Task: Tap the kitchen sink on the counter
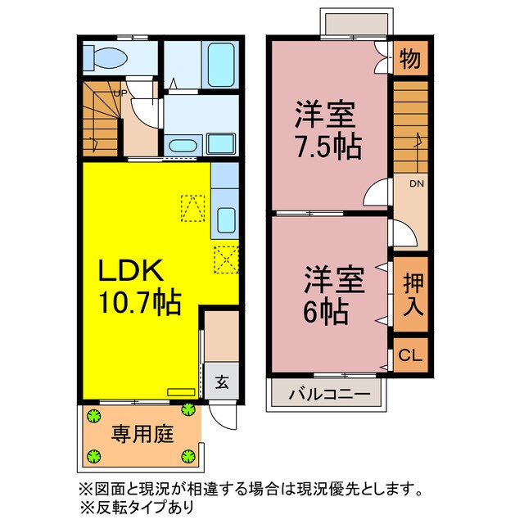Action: click(x=226, y=219)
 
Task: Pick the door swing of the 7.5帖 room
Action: click(x=376, y=194)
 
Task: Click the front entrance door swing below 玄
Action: click(x=223, y=415)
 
